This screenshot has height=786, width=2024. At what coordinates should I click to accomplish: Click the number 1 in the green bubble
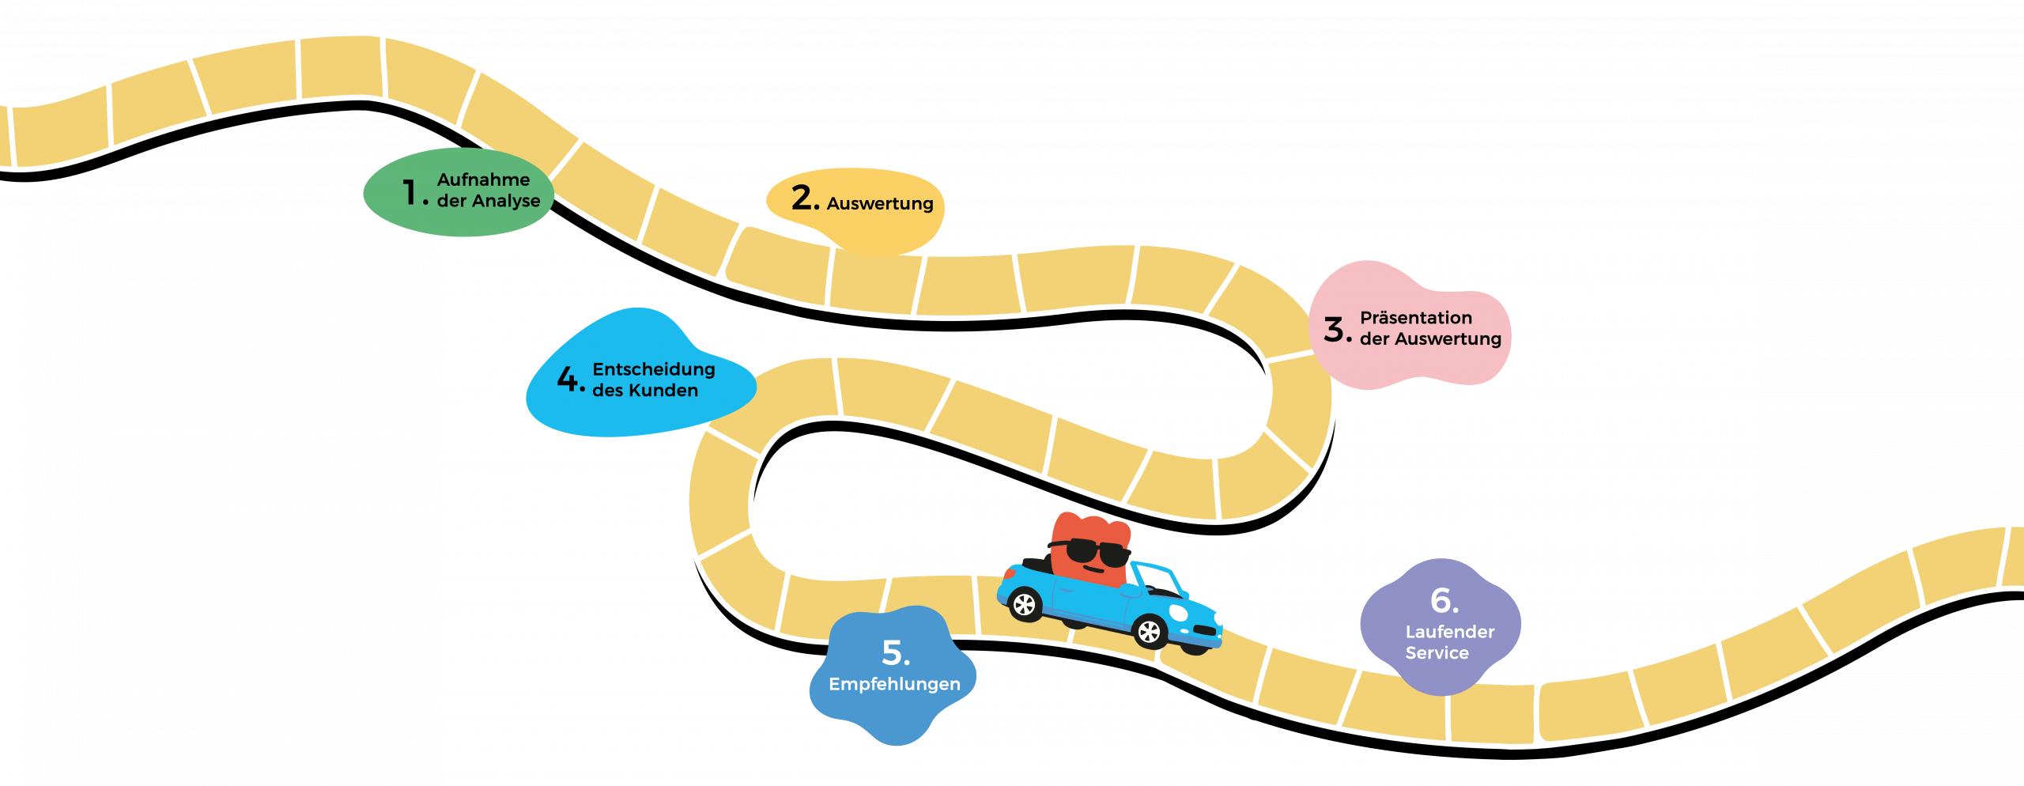pos(409,192)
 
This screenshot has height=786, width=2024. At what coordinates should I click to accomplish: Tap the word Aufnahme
pos(483,180)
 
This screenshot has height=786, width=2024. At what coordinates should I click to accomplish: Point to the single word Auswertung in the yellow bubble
pos(880,204)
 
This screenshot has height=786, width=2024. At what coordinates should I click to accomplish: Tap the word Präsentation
pos(1415,318)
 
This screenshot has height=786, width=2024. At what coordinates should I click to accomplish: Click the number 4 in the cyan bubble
pos(568,379)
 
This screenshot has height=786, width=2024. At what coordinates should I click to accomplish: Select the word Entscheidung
pos(653,369)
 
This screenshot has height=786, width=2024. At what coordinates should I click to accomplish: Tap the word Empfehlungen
pos(894,684)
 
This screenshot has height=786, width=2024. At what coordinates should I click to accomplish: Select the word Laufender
pos(1449,632)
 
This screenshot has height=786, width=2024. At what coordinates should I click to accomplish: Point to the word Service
pos(1437,653)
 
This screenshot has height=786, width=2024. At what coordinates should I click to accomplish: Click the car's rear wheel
pos(1025,605)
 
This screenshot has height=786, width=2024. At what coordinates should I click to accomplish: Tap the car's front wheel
pos(1149,632)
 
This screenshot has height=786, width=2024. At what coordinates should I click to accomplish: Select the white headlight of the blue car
pos(1178,613)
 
